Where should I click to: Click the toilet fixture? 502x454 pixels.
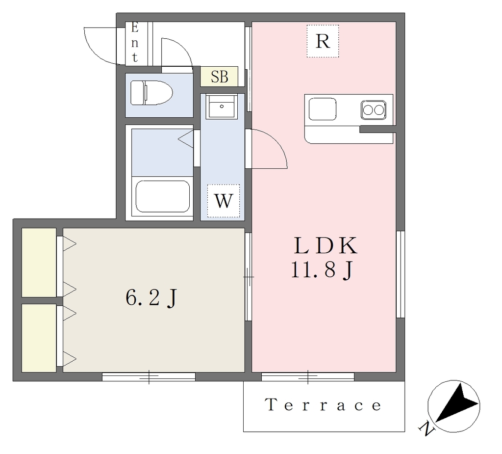(x=151, y=93)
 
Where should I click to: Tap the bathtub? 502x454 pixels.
(x=162, y=196)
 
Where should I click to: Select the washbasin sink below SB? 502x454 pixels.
(x=222, y=106)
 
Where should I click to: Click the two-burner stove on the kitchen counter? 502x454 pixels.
(x=373, y=110)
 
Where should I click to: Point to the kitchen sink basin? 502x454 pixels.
(x=323, y=109)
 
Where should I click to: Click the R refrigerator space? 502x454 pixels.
(x=323, y=41)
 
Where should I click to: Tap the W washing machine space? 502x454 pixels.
(x=223, y=201)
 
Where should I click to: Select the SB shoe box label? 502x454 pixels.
(x=219, y=76)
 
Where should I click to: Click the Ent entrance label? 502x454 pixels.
(x=135, y=43)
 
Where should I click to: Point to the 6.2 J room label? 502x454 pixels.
(x=151, y=298)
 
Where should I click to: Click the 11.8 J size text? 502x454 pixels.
(x=322, y=270)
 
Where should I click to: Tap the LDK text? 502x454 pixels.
(x=326, y=245)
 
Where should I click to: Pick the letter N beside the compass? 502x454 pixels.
(x=426, y=428)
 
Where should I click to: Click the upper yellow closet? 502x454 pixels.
(x=39, y=263)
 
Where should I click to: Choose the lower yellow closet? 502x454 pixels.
(x=39, y=338)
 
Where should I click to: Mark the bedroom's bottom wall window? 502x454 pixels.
(x=149, y=377)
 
